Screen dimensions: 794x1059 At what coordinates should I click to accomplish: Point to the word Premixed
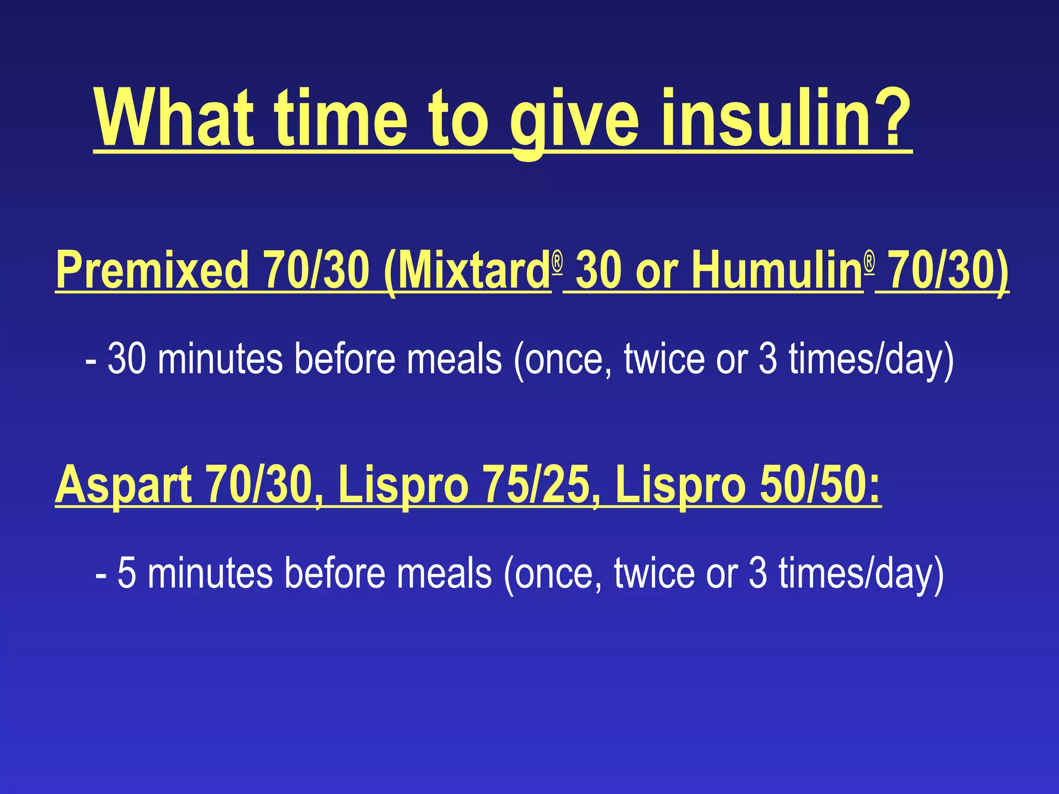pyautogui.click(x=153, y=269)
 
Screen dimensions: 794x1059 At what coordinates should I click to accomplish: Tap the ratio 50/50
pyautogui.click(x=819, y=485)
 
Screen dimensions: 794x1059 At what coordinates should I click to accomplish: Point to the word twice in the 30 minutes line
pyautogui.click(x=664, y=359)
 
